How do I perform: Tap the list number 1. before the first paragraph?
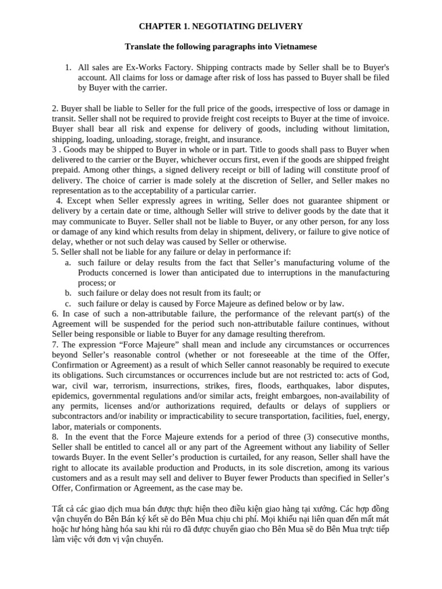[67, 67]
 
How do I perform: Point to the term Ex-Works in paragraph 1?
[142, 67]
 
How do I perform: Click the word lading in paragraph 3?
[306, 170]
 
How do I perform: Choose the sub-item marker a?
[67, 263]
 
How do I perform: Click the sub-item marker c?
[67, 304]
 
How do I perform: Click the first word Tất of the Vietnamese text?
[59, 510]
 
